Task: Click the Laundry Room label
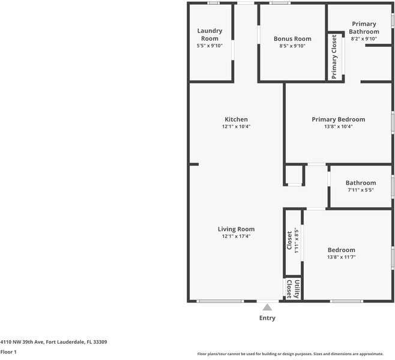point(210,34)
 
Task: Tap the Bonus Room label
point(292,38)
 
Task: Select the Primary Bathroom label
point(365,28)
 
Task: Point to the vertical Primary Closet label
point(334,56)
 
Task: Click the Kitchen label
point(236,119)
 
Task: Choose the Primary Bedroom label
point(338,119)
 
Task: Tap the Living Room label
point(236,229)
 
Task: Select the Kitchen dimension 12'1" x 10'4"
point(236,127)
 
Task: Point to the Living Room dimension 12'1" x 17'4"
point(236,236)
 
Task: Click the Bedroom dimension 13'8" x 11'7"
point(341,257)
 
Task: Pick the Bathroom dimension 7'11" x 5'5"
point(360,190)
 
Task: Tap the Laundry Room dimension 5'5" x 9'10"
point(210,46)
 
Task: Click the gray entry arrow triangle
point(267,307)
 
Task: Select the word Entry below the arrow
point(267,318)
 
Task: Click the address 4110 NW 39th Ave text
point(53,342)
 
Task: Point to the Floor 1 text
point(8,352)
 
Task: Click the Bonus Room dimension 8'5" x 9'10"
point(292,46)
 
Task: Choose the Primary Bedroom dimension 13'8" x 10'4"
point(338,127)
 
